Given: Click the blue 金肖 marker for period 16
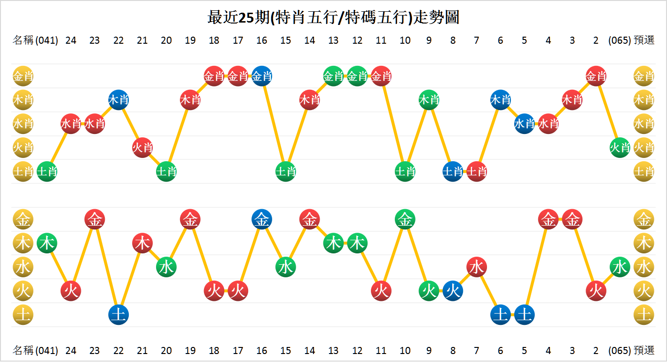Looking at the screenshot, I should coord(262,76).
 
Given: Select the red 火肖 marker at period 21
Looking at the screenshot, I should coord(142,148).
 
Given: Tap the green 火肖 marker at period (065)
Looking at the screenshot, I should coord(620,148).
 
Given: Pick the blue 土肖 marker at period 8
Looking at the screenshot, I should coord(453,172).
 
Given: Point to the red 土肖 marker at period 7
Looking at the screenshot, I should coord(477,172).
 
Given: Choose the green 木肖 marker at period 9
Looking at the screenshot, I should coord(429,100).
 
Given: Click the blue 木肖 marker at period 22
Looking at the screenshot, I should coord(118,100).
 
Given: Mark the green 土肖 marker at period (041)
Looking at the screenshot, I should coord(47,172).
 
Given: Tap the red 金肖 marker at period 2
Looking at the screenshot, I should coord(596,76).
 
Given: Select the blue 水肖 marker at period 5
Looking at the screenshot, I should coord(524,124).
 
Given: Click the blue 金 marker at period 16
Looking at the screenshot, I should coord(262,219).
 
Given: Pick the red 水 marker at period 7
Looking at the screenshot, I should coord(477,267).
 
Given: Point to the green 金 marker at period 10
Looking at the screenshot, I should coord(405,219).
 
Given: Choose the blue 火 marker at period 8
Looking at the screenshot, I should coord(453,291).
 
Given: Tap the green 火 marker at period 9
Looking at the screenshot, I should coord(429,291).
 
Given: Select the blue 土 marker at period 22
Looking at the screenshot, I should coord(118,315).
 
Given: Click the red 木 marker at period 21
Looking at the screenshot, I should coord(142,243).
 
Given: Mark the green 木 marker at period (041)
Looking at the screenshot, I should coord(47,243).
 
